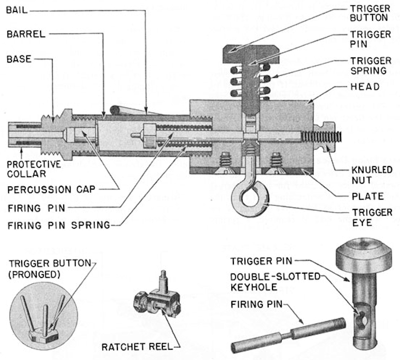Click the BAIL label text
click(x=17, y=11)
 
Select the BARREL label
click(x=26, y=34)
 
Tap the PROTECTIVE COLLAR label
click(x=34, y=169)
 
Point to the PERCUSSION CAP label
click(x=51, y=190)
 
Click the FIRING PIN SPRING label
click(x=59, y=225)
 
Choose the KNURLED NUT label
click(x=372, y=175)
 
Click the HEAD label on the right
click(x=365, y=87)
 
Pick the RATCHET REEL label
click(x=138, y=347)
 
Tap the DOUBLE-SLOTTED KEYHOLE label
click(x=275, y=282)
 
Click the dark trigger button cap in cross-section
click(x=251, y=54)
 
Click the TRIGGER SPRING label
click(x=371, y=66)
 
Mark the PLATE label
click(x=368, y=196)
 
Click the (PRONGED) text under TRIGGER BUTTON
click(x=34, y=275)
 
